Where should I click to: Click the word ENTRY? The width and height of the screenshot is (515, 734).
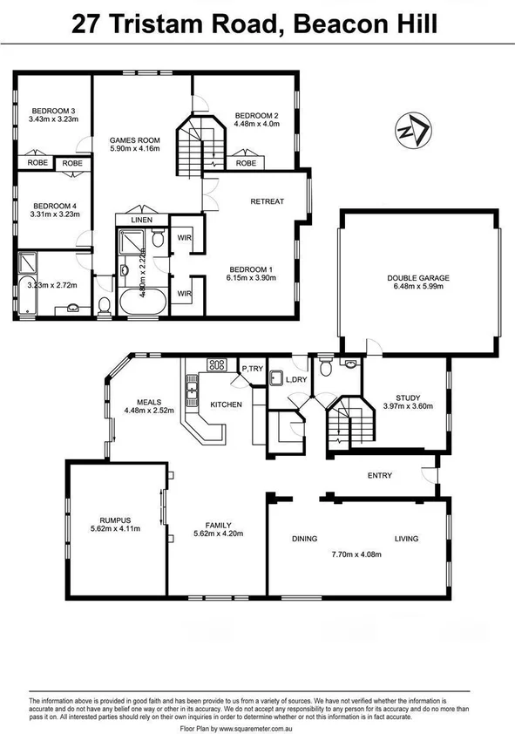pyautogui.click(x=380, y=475)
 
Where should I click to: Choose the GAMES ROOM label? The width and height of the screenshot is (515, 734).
pyautogui.click(x=134, y=139)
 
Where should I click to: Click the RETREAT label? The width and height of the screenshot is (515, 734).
pyautogui.click(x=267, y=201)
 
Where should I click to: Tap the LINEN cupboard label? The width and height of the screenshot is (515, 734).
pyautogui.click(x=142, y=221)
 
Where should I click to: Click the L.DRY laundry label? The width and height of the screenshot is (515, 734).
pyautogui.click(x=296, y=379)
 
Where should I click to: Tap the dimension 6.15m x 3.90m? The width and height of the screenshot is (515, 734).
pyautogui.click(x=251, y=278)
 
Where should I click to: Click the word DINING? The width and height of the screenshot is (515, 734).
pyautogui.click(x=304, y=539)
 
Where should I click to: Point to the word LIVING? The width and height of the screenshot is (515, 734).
pyautogui.click(x=406, y=539)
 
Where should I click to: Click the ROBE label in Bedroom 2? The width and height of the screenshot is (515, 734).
pyautogui.click(x=247, y=163)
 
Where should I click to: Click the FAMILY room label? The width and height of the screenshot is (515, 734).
pyautogui.click(x=218, y=526)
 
